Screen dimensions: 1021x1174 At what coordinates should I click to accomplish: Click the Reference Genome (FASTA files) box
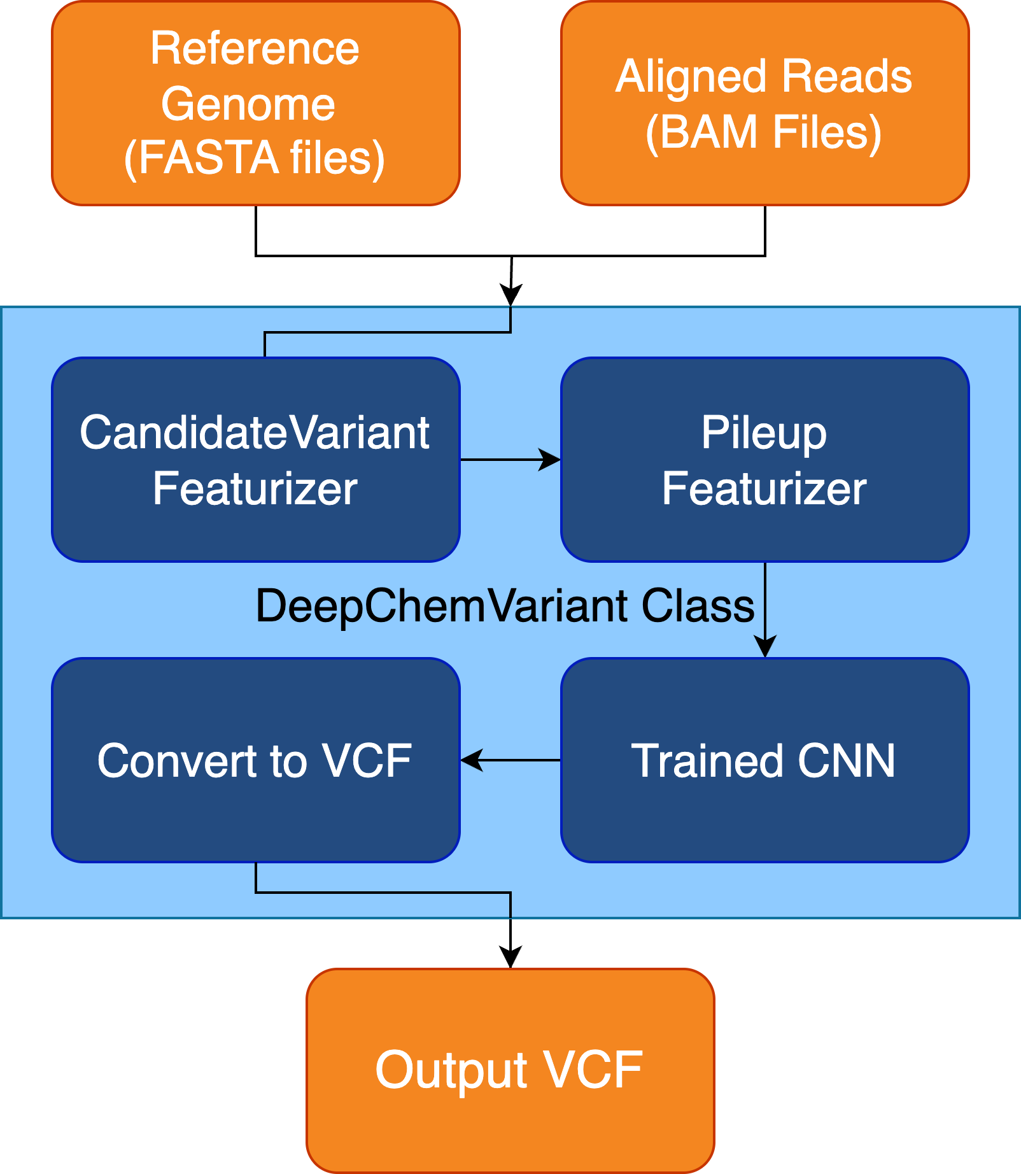tap(256, 103)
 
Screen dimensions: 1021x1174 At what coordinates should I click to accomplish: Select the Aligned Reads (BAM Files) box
tap(765, 103)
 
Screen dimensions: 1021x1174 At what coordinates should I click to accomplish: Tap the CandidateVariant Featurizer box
tap(256, 460)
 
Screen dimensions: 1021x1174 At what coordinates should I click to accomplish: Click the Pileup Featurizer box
tap(765, 460)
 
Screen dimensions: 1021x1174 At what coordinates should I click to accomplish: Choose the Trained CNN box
tap(765, 760)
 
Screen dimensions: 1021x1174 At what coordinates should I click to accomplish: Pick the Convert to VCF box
tap(256, 760)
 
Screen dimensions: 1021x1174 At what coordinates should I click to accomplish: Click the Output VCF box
tap(510, 1071)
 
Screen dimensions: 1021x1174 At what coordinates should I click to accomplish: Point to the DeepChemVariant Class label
tap(505, 606)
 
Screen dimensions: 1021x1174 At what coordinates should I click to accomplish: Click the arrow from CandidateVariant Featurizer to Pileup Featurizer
tap(510, 459)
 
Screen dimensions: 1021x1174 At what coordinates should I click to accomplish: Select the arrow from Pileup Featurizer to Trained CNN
tap(765, 610)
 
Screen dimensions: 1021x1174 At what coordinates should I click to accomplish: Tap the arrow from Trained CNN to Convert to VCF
tap(510, 760)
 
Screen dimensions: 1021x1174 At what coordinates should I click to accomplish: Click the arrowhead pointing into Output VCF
tap(510, 957)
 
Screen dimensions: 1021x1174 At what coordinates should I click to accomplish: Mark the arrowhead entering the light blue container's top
tap(510, 295)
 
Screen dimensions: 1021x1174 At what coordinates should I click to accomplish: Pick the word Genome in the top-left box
tap(248, 104)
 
